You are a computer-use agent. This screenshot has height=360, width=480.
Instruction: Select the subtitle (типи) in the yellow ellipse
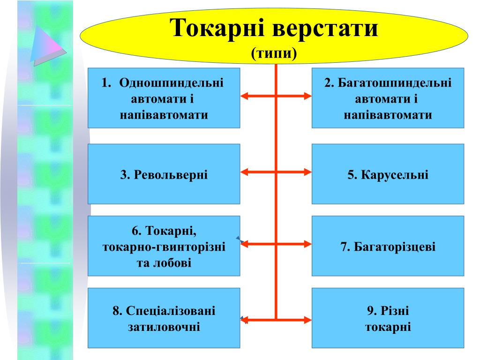pos(274,53)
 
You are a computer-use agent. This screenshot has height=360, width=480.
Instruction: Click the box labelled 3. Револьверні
pos(164,174)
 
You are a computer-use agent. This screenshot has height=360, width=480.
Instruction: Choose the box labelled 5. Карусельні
pos(388,174)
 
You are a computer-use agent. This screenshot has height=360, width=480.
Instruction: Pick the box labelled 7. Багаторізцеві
pos(388,246)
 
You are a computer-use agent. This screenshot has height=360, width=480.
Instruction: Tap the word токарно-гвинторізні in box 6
pos(164,246)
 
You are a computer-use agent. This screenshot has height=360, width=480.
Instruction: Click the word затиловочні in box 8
pos(164,326)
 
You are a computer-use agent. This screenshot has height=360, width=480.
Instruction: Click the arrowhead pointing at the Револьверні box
pos(245,172)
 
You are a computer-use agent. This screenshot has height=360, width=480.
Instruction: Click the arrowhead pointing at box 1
pos(245,96)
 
